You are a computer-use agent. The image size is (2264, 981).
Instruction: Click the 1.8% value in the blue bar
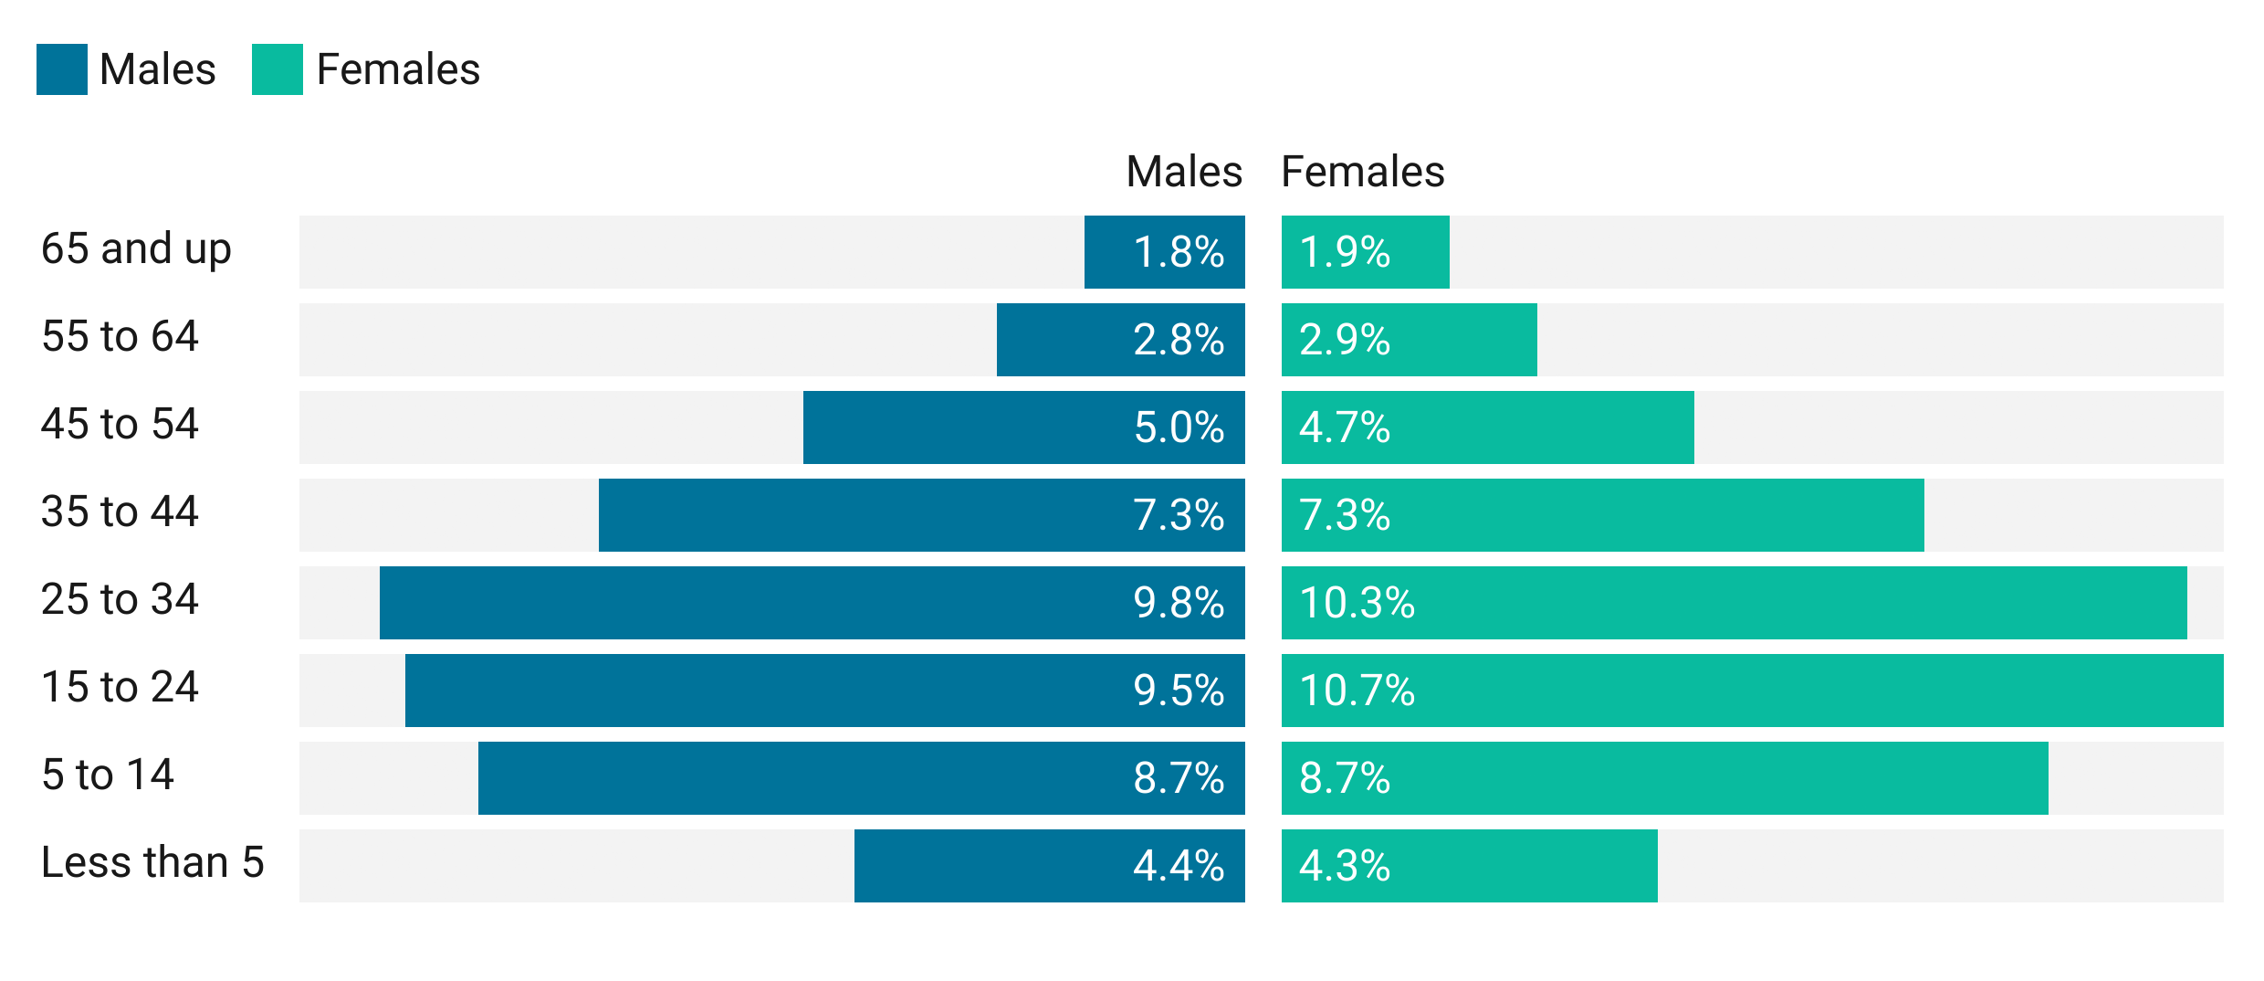[1179, 253]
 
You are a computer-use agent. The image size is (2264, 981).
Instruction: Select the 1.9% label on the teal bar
[1345, 253]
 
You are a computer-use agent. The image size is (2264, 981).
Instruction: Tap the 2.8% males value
[1179, 341]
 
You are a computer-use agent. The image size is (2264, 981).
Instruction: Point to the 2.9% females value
[1345, 341]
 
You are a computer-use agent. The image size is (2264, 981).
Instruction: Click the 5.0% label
[1179, 428]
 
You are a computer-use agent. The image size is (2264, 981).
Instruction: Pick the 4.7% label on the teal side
[1345, 428]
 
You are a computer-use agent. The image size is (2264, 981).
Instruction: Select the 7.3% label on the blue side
[1179, 516]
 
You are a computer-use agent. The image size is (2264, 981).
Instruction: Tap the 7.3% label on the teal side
[1345, 516]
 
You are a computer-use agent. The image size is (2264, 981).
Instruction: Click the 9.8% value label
[1179, 604]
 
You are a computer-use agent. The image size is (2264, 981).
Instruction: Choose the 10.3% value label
[1357, 604]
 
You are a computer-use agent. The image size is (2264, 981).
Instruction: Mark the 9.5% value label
[1179, 691]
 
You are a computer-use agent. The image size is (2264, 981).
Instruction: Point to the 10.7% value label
[1357, 691]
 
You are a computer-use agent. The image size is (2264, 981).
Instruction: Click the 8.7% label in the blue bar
[1179, 779]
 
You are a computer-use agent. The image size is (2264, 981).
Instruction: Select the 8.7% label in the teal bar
[1345, 779]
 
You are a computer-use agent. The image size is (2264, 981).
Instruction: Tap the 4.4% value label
[1179, 867]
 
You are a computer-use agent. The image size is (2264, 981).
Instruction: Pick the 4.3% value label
[1345, 867]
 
